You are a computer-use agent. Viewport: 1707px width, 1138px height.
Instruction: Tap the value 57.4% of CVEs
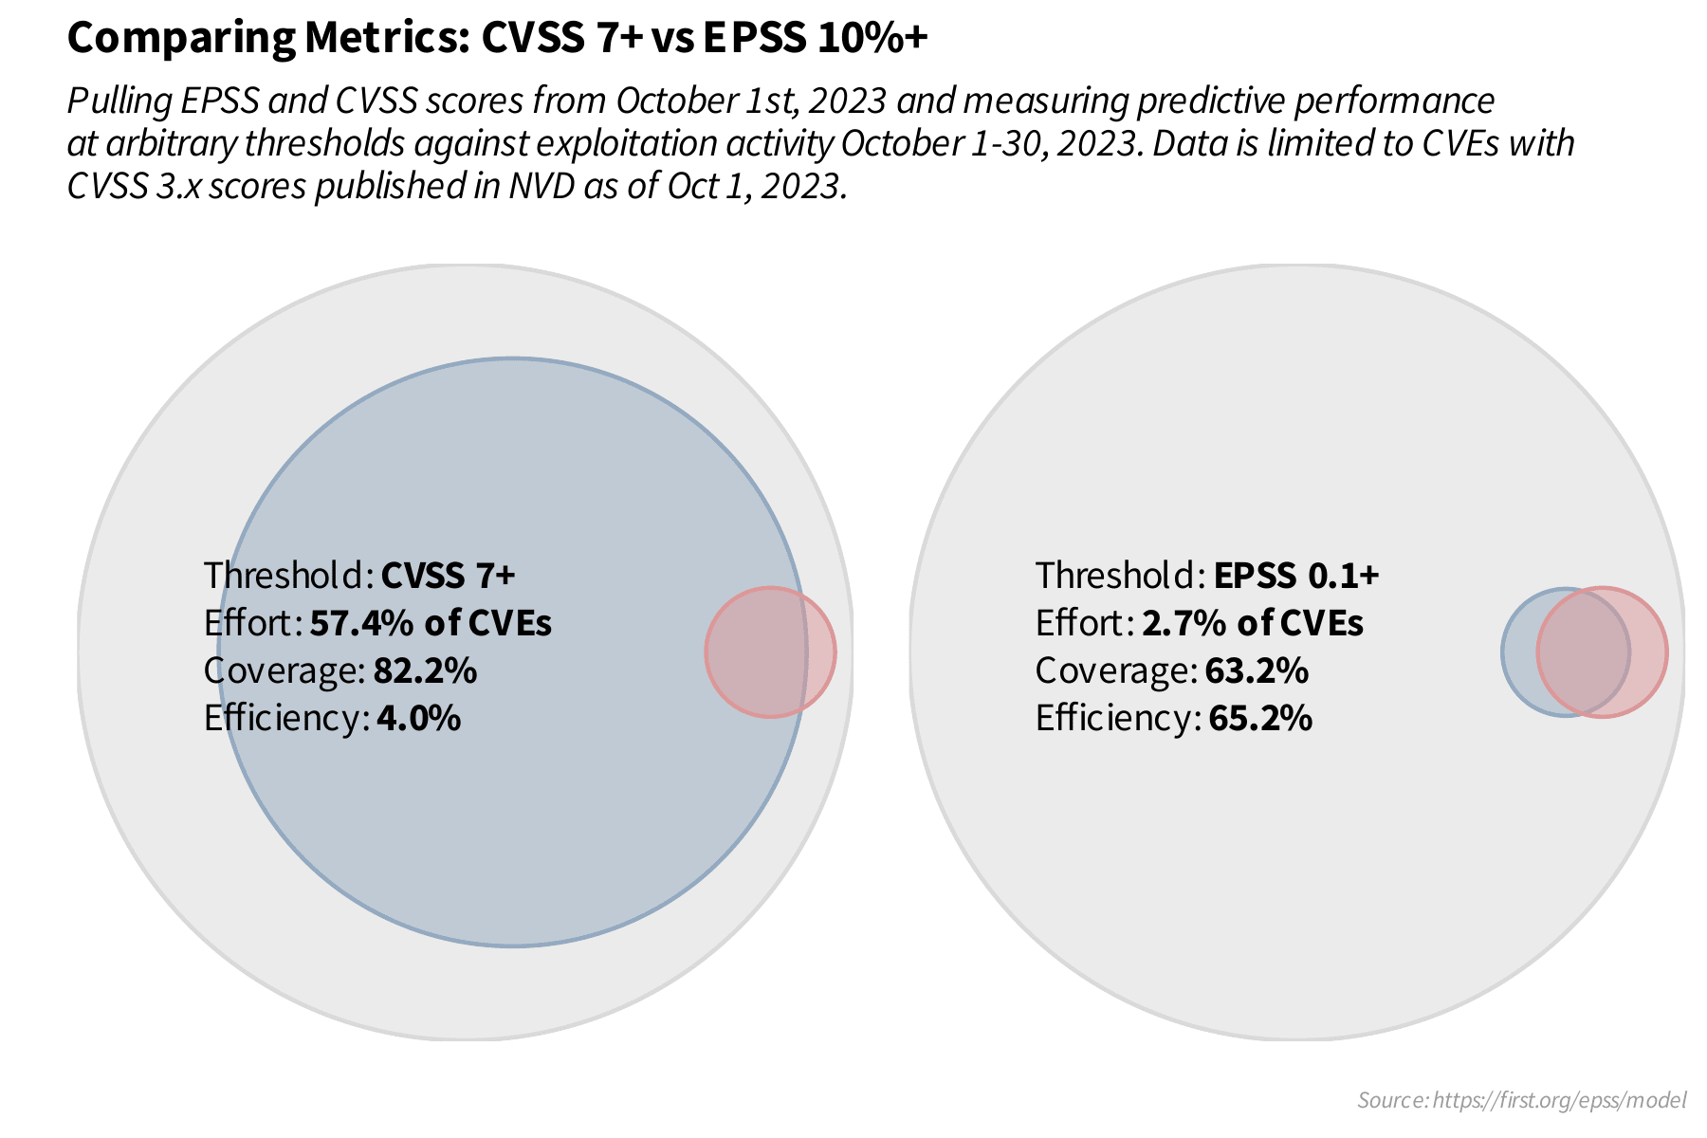click(x=431, y=624)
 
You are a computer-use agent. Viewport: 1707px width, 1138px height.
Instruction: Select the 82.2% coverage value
click(x=425, y=671)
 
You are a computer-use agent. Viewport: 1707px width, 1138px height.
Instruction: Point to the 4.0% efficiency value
click(x=418, y=719)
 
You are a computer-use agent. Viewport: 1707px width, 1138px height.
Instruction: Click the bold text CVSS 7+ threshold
click(x=448, y=576)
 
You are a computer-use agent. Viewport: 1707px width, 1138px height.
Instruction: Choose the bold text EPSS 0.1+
click(x=1295, y=576)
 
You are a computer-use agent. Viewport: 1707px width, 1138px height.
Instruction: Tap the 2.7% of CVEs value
click(x=1252, y=624)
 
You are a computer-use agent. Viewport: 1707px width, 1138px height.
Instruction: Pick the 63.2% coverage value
click(x=1257, y=671)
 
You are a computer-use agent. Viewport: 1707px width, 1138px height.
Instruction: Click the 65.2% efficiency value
click(x=1260, y=719)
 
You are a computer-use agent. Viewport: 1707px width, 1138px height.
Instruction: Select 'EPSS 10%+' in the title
click(x=815, y=39)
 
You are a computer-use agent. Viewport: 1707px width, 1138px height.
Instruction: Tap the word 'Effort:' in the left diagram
click(x=252, y=624)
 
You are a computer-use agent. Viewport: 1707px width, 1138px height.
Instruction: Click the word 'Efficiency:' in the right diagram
click(x=1117, y=719)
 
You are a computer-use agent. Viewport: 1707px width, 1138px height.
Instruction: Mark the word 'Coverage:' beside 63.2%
click(x=1115, y=671)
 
